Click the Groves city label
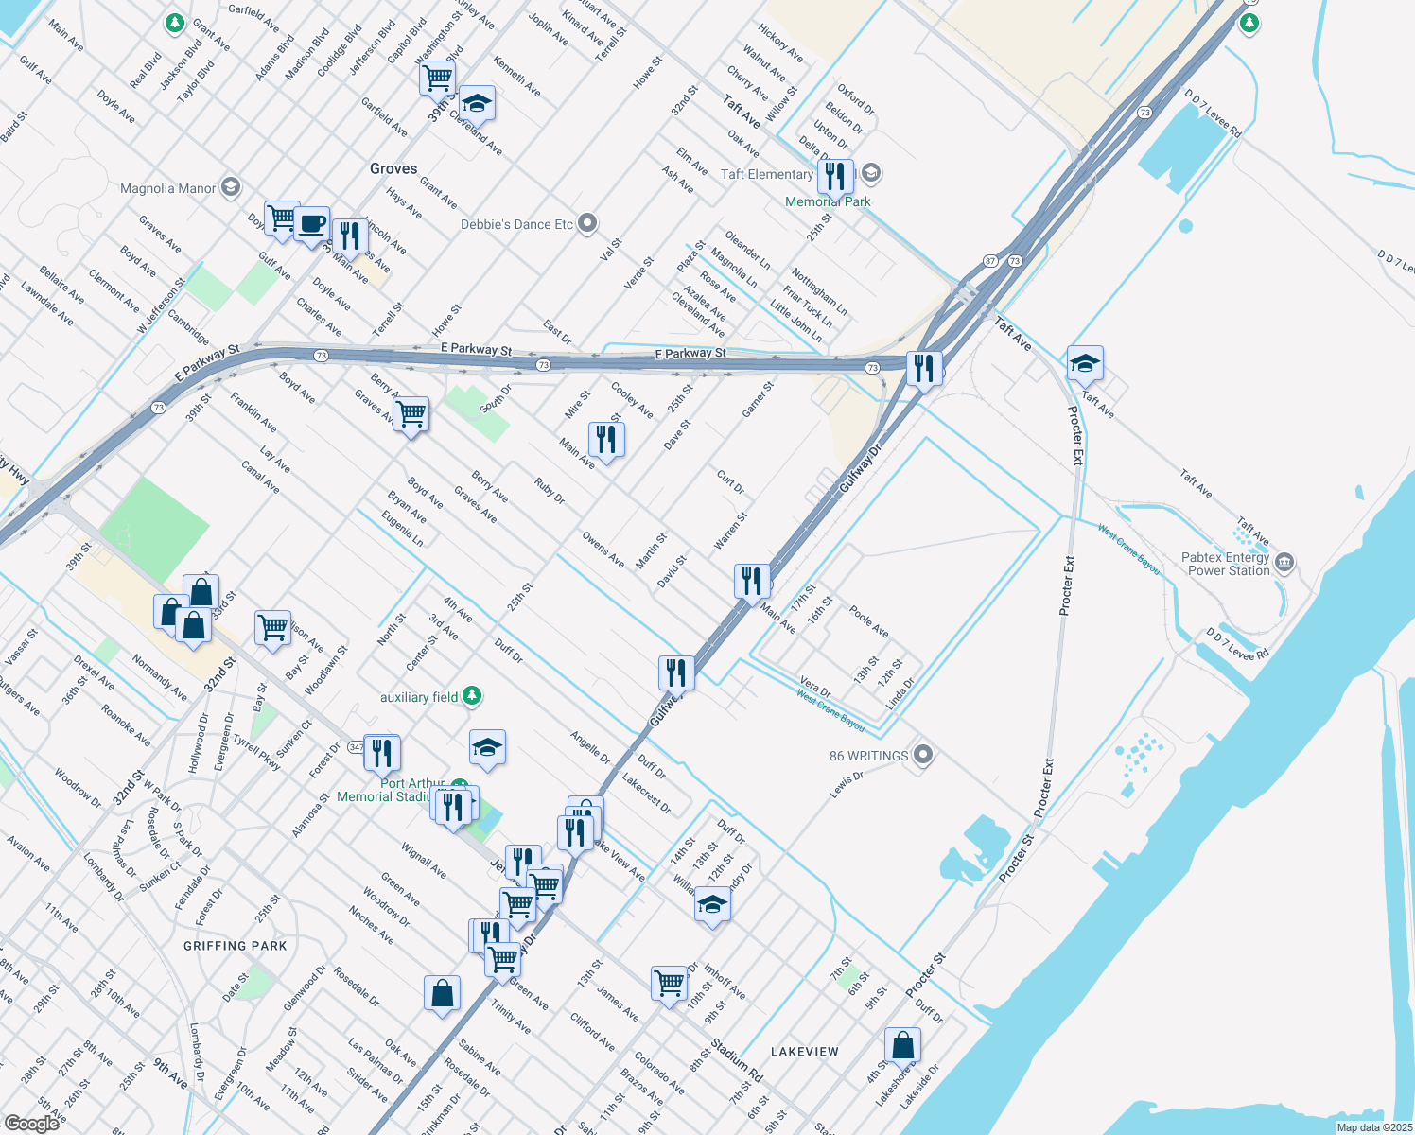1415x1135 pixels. [393, 168]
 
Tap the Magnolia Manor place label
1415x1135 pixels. [167, 188]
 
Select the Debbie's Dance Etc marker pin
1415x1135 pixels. [587, 224]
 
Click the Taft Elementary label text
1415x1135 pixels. [766, 174]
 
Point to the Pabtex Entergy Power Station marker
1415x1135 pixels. [1284, 564]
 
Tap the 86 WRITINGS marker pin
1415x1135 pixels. [924, 755]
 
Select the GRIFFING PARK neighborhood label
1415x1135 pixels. [235, 946]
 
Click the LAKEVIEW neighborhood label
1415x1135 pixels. [804, 1052]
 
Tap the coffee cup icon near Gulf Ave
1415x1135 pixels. [311, 225]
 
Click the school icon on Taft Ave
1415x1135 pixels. [1085, 362]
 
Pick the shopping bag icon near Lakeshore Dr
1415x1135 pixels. [902, 1044]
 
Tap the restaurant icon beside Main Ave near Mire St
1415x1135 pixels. [606, 439]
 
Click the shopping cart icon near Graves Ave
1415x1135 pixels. [411, 412]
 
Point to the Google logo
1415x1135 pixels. [31, 1123]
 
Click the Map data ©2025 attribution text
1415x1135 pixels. [1374, 1127]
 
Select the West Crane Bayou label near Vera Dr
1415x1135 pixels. [830, 710]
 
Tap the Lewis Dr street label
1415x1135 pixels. [847, 784]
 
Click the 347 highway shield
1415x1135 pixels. [356, 747]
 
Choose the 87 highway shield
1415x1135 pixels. [990, 260]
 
